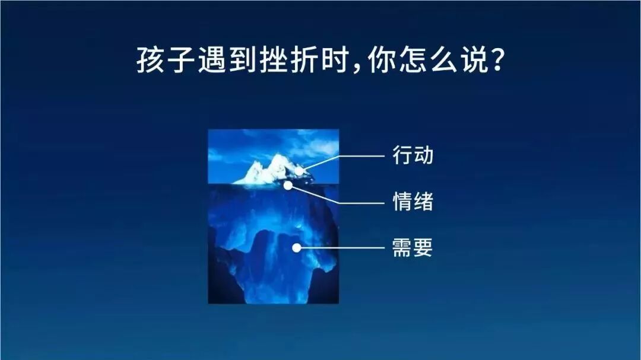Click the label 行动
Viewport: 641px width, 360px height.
pos(412,155)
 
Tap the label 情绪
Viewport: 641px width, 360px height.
pos(412,202)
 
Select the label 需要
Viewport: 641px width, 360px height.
pos(412,248)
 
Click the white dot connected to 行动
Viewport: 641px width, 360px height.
pos(300,171)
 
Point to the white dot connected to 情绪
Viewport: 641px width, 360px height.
pos(288,186)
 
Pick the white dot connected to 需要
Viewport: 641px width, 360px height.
pos(297,248)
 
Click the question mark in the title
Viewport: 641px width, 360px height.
pos(497,60)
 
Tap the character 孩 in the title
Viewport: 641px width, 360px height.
pos(150,60)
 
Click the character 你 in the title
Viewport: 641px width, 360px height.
pos(382,60)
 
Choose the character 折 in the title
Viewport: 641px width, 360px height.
pos(305,60)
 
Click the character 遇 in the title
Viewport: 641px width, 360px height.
pos(212,60)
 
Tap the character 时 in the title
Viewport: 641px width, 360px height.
pos(335,60)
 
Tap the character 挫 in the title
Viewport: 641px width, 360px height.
pos(274,60)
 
